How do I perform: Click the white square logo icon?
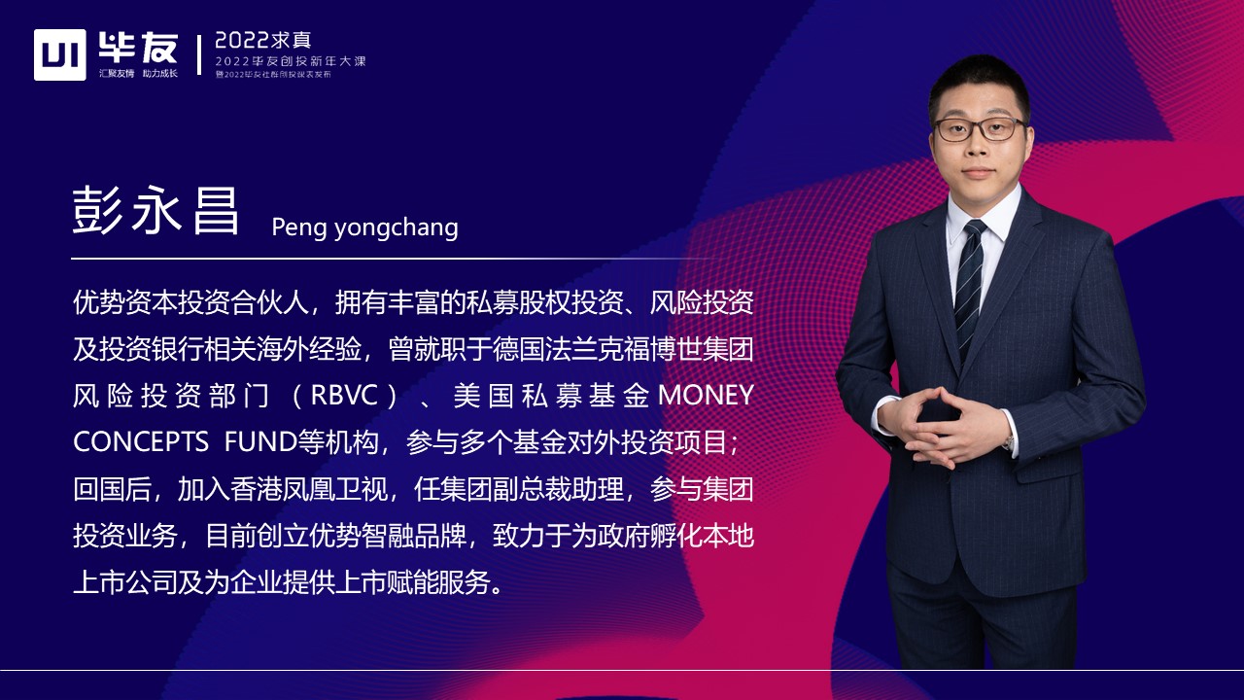(x=60, y=54)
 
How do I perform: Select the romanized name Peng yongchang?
(x=364, y=227)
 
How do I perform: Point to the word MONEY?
(x=707, y=396)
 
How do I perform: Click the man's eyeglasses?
(x=979, y=128)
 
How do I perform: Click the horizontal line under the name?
(x=389, y=259)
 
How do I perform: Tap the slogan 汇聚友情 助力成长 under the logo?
(x=138, y=74)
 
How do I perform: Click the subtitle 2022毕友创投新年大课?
(x=291, y=61)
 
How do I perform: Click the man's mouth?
(x=979, y=172)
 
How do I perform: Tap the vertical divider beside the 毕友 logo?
(x=200, y=54)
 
